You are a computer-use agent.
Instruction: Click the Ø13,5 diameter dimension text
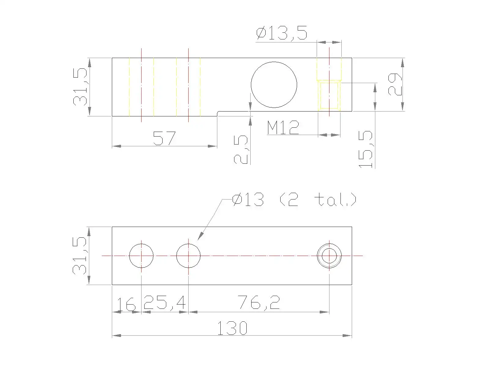coord(281,33)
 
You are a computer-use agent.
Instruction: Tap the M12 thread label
coord(283,128)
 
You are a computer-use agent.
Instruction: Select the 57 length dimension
coord(164,138)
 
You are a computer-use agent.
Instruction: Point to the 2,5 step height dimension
coord(241,150)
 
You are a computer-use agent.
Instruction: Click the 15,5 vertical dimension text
coord(366,149)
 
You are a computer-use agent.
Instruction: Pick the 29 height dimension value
coord(395,84)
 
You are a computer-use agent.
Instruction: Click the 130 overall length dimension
coord(232,328)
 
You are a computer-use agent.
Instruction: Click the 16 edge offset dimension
coord(126,305)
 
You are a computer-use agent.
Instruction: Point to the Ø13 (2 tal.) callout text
coord(294,200)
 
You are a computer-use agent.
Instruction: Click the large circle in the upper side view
coord(274,85)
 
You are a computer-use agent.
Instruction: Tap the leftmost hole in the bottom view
coord(141,255)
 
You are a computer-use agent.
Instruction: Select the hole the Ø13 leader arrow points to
coord(188,255)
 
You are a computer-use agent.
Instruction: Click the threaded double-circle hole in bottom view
coord(329,255)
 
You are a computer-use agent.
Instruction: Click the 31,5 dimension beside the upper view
coord(80,87)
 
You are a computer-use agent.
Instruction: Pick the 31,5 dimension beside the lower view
coord(80,256)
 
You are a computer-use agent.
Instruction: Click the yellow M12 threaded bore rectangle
coord(329,95)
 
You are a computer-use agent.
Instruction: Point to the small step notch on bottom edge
coord(218,113)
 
